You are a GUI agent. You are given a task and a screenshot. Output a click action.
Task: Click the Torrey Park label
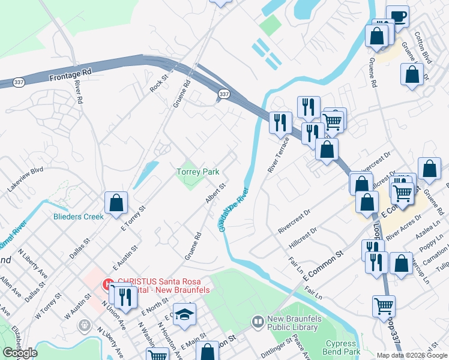coord(197,172)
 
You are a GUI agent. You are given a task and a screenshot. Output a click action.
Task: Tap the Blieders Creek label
coord(78,217)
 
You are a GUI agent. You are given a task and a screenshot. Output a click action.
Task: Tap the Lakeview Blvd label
coord(25,179)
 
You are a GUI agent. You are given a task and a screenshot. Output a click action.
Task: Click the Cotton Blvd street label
coord(427,49)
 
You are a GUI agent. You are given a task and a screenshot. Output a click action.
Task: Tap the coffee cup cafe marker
coord(397,16)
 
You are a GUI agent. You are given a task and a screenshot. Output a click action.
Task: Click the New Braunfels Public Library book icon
coord(258,322)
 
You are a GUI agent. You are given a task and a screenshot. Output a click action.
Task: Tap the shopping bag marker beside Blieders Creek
coord(116,203)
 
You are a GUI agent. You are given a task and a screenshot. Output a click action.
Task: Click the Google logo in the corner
coord(20,353)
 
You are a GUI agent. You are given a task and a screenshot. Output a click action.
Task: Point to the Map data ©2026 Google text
coord(411,355)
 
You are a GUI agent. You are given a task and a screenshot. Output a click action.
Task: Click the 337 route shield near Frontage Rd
coord(19,84)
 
